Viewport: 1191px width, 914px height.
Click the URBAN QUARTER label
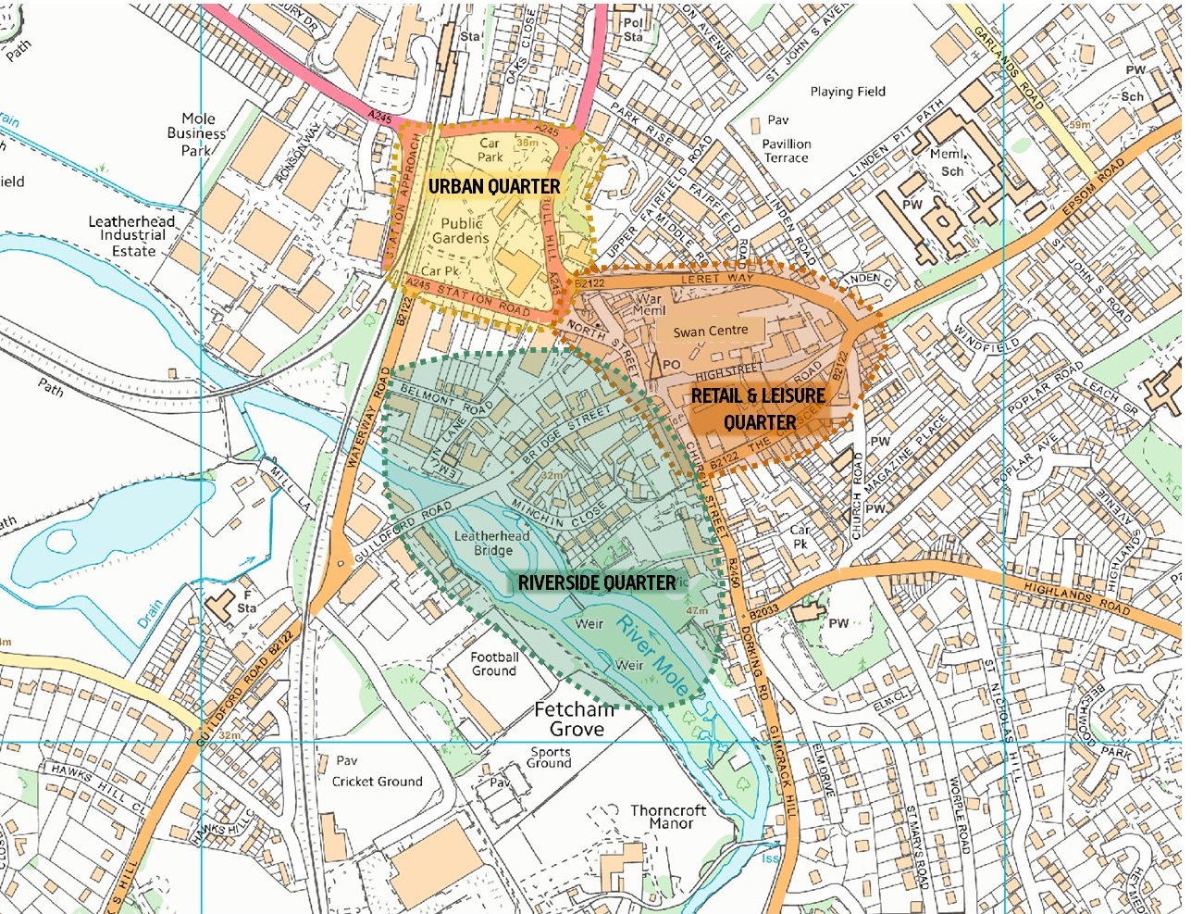click(x=494, y=186)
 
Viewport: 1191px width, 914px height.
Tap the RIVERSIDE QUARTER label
click(x=597, y=582)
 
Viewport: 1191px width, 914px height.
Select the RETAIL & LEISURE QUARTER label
click(x=758, y=408)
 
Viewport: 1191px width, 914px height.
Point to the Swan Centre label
click(x=711, y=332)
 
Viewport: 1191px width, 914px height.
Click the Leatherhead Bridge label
click(x=492, y=544)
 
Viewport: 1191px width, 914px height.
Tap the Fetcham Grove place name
click(x=575, y=720)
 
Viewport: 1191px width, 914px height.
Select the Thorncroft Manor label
click(x=668, y=817)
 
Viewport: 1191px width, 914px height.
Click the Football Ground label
click(x=494, y=664)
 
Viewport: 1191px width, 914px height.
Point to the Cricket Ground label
click(x=377, y=782)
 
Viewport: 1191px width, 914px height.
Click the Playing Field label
click(x=848, y=92)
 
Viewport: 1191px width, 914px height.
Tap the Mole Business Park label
click(x=196, y=133)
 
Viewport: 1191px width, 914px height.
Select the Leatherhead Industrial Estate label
click(x=131, y=236)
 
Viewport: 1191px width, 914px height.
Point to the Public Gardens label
click(x=461, y=231)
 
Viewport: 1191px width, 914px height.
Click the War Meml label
click(x=649, y=305)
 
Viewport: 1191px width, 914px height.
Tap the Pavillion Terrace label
click(x=787, y=151)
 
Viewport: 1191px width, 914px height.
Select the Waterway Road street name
click(x=366, y=420)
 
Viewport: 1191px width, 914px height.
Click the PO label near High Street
click(x=671, y=366)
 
